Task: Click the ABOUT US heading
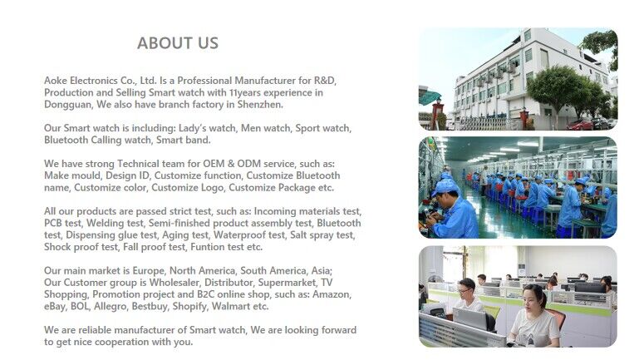coord(178,43)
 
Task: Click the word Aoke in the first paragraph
coord(56,81)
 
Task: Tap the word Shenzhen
coord(259,105)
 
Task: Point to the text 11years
coord(244,92)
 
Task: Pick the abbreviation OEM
coord(214,164)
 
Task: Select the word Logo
coord(213,188)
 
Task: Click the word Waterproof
coord(238,235)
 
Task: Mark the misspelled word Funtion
coord(205,247)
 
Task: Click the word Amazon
coord(332,294)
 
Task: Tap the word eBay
coord(55,306)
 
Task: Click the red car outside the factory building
coord(580,125)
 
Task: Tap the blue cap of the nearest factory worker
coord(445,186)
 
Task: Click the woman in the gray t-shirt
coord(534,318)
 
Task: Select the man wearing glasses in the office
coord(468,294)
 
